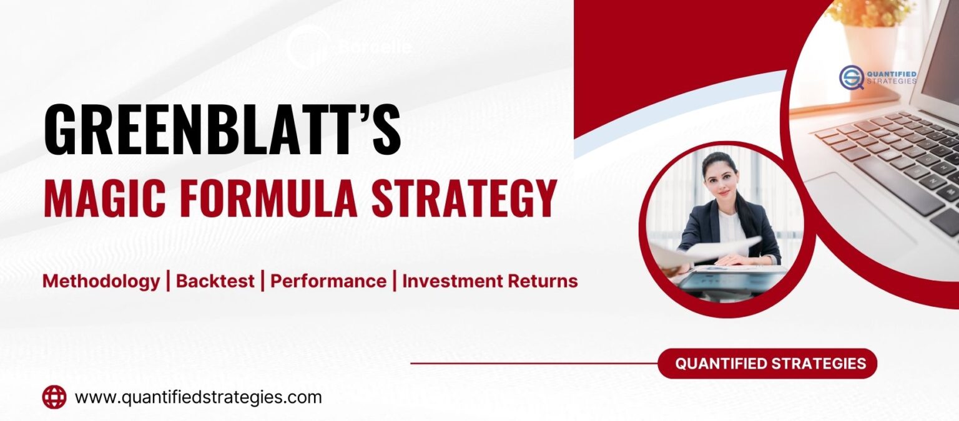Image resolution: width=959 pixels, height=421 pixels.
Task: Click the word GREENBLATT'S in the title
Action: (x=222, y=131)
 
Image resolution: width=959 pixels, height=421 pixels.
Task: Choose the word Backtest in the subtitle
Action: (x=215, y=281)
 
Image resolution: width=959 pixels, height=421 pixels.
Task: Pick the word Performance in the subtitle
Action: (x=328, y=281)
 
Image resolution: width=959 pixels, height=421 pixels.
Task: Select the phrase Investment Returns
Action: (x=490, y=281)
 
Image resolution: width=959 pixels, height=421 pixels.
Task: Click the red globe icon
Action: (x=54, y=397)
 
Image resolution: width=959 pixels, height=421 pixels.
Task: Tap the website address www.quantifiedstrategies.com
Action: (x=198, y=397)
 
